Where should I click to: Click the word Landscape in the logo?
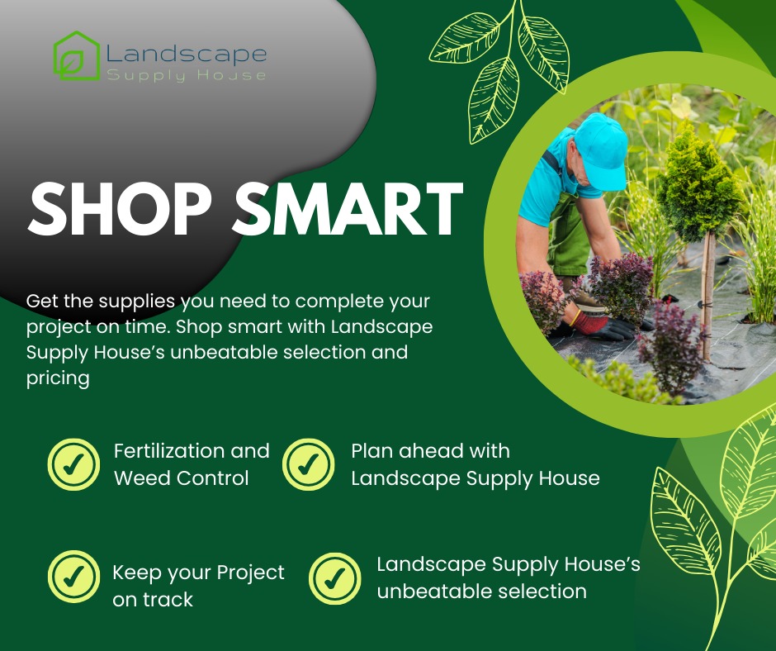click(x=187, y=54)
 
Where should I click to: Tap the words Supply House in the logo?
click(x=187, y=75)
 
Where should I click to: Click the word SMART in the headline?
click(x=348, y=208)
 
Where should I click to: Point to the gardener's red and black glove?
click(x=601, y=326)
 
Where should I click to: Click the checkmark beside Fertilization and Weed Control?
click(x=73, y=464)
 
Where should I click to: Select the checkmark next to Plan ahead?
click(x=308, y=464)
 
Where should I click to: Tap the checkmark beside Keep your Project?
click(x=73, y=576)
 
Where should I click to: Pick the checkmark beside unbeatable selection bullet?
click(x=335, y=578)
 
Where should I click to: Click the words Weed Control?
click(x=181, y=478)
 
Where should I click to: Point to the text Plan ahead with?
click(x=430, y=451)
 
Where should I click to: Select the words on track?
click(x=153, y=600)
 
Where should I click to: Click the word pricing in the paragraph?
click(x=58, y=378)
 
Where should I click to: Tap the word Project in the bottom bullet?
click(x=250, y=573)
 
